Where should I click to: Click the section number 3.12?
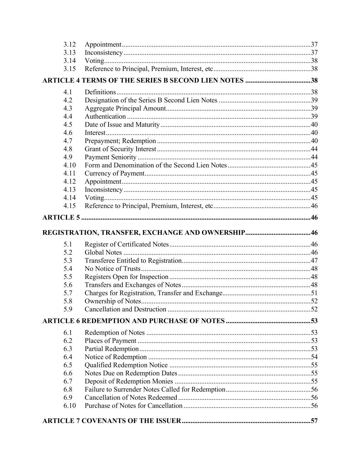click(x=69, y=44)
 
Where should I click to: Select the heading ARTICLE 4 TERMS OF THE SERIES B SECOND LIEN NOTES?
click(x=143, y=81)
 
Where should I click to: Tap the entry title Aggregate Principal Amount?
click(x=125, y=109)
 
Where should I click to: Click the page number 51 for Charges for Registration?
click(x=314, y=293)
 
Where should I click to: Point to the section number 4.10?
click(x=69, y=165)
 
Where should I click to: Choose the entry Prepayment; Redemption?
click(x=120, y=141)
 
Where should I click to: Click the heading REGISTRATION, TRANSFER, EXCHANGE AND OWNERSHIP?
click(x=143, y=233)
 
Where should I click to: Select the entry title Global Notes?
click(x=103, y=253)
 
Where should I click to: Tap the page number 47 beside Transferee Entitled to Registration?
click(x=314, y=261)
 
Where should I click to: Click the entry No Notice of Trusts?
click(x=112, y=269)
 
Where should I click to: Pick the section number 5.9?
click(x=68, y=309)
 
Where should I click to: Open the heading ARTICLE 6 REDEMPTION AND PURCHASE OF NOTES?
click(x=133, y=321)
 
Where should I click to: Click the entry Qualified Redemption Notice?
click(x=126, y=365)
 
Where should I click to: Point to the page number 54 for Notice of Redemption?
click(x=314, y=357)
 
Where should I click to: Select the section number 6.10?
click(x=69, y=406)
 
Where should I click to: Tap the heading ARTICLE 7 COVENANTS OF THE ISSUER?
click(x=111, y=421)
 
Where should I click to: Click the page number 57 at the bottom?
click(x=314, y=421)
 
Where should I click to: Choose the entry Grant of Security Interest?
click(x=120, y=149)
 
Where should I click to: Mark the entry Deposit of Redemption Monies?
click(x=129, y=381)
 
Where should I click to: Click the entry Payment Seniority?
click(x=110, y=157)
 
